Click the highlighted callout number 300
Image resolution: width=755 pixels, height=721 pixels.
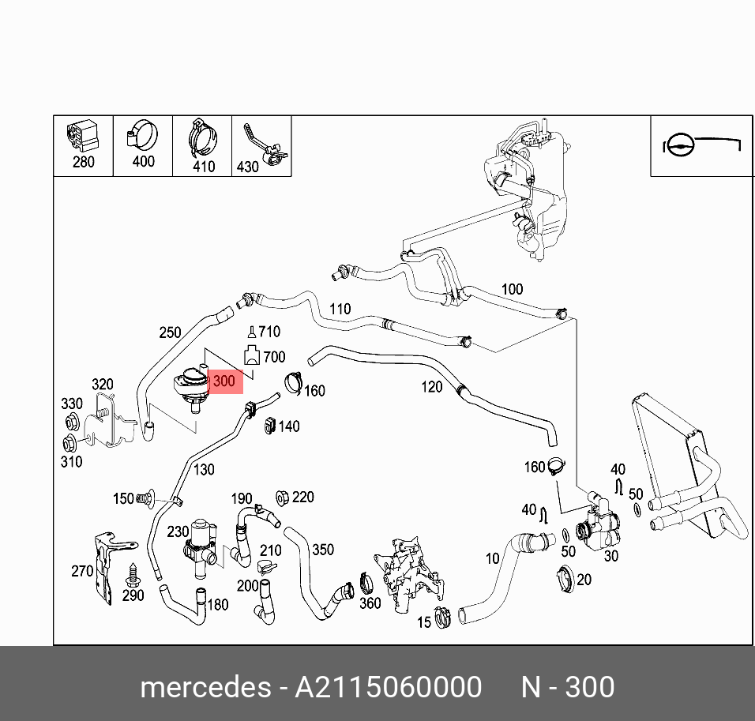pos(224,381)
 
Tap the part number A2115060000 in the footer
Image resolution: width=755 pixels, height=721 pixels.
pos(388,687)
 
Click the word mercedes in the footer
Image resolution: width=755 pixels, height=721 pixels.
pos(205,687)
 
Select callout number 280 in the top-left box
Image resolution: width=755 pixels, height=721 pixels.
pos(83,162)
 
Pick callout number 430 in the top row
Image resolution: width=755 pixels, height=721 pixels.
pos(247,167)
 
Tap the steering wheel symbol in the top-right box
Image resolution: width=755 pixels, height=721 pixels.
pos(680,145)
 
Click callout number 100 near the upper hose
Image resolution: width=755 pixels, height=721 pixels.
pos(512,289)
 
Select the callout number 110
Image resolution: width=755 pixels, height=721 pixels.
pos(340,309)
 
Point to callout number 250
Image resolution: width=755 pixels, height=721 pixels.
pos(170,332)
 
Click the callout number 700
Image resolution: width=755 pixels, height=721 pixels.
pos(274,357)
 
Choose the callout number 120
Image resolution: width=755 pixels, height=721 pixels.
pos(432,386)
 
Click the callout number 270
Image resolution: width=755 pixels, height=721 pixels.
pos(82,570)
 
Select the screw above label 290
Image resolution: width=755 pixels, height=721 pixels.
pos(131,572)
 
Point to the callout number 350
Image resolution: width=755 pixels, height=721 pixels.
pos(322,550)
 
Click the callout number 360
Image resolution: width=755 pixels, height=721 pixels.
pos(370,603)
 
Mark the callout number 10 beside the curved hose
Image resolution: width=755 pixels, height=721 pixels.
pos(492,558)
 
